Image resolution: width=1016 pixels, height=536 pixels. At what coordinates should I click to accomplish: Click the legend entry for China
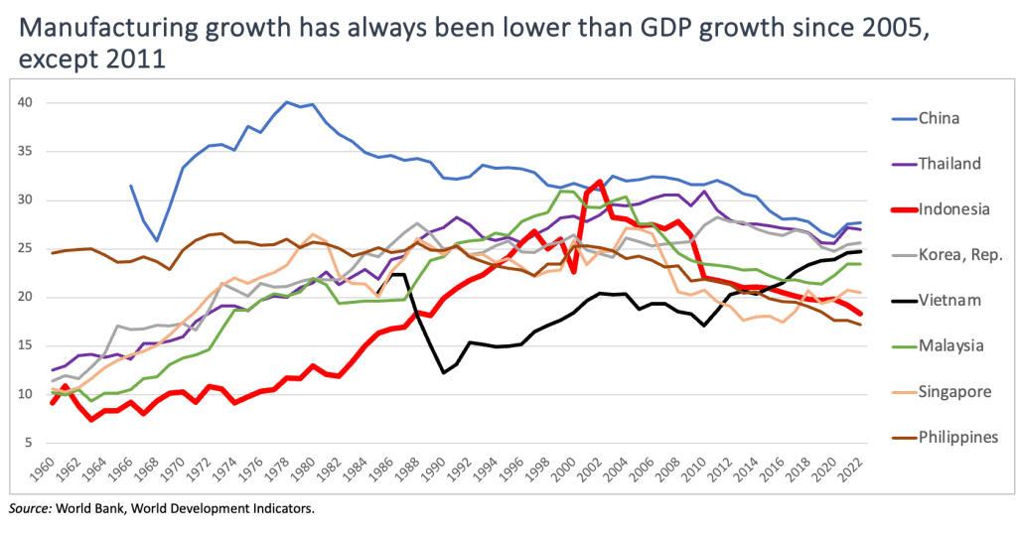(x=938, y=119)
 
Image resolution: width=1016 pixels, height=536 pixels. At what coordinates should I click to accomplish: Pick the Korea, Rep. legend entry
(x=950, y=255)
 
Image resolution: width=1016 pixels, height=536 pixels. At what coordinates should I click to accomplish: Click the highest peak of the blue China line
(x=288, y=102)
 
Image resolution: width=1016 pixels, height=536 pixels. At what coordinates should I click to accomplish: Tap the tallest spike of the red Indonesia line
(x=598, y=182)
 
